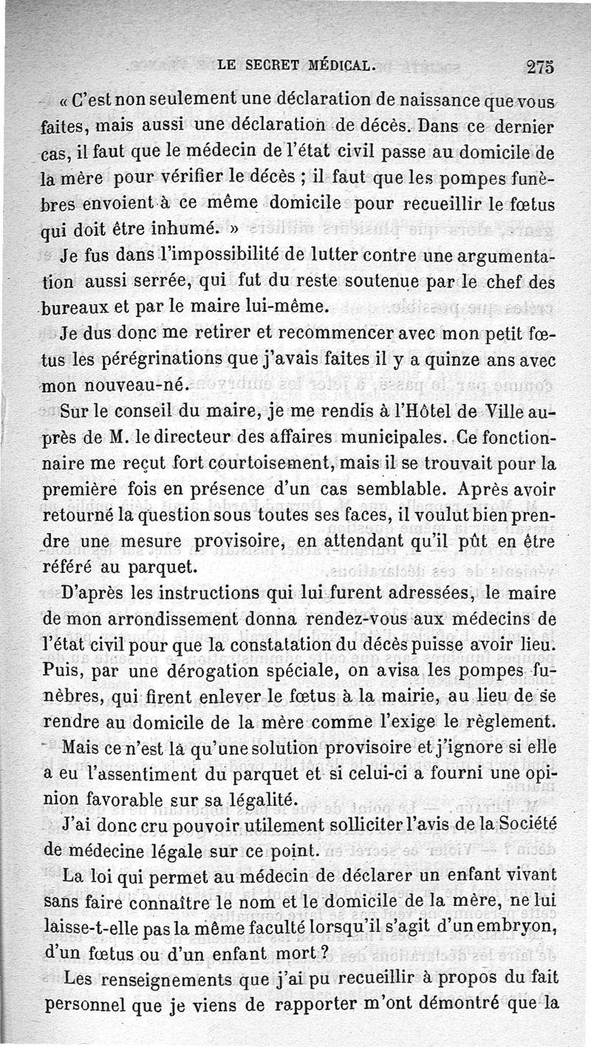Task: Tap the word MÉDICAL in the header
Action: pyautogui.click(x=335, y=66)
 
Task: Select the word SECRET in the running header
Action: pyautogui.click(x=267, y=66)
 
